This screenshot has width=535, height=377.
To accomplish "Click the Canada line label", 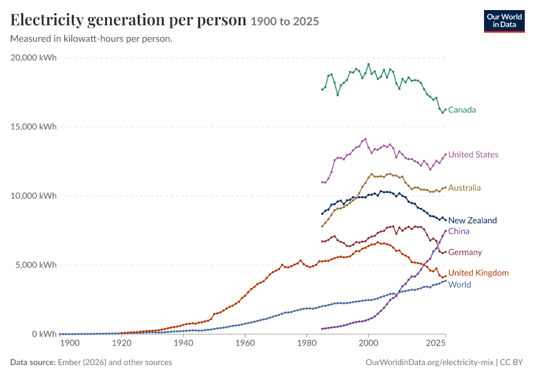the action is [x=461, y=110].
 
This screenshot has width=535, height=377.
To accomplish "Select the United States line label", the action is [x=473, y=155].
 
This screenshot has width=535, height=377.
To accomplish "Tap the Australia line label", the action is [x=464, y=188].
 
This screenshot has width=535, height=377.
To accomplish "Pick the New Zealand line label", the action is [x=472, y=221].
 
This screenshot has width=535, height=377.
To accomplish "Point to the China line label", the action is [x=459, y=231].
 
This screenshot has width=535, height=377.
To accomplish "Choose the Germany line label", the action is [x=465, y=253].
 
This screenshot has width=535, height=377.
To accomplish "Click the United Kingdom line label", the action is [x=478, y=273].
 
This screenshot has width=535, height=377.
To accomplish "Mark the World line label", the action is [x=459, y=285].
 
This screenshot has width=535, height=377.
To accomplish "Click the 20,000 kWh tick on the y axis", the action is [x=33, y=58].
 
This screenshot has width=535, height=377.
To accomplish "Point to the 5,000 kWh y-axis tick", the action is [x=36, y=265].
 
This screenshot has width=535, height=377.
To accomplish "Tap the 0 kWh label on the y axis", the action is [x=44, y=334].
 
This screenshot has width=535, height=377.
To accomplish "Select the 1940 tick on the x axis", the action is [x=183, y=343].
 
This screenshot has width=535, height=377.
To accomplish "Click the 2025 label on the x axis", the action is [x=436, y=343].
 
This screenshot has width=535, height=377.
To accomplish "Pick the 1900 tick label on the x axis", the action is [x=70, y=343].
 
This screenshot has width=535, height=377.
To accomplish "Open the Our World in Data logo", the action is [x=504, y=21].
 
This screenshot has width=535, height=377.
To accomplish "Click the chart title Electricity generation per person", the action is [x=128, y=19].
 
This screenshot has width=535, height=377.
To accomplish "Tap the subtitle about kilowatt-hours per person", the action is [x=91, y=39].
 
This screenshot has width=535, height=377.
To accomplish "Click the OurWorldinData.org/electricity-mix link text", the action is [x=429, y=363].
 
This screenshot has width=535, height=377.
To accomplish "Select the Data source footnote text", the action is [x=91, y=363].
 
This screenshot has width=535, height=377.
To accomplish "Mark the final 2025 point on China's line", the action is [x=446, y=231].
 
